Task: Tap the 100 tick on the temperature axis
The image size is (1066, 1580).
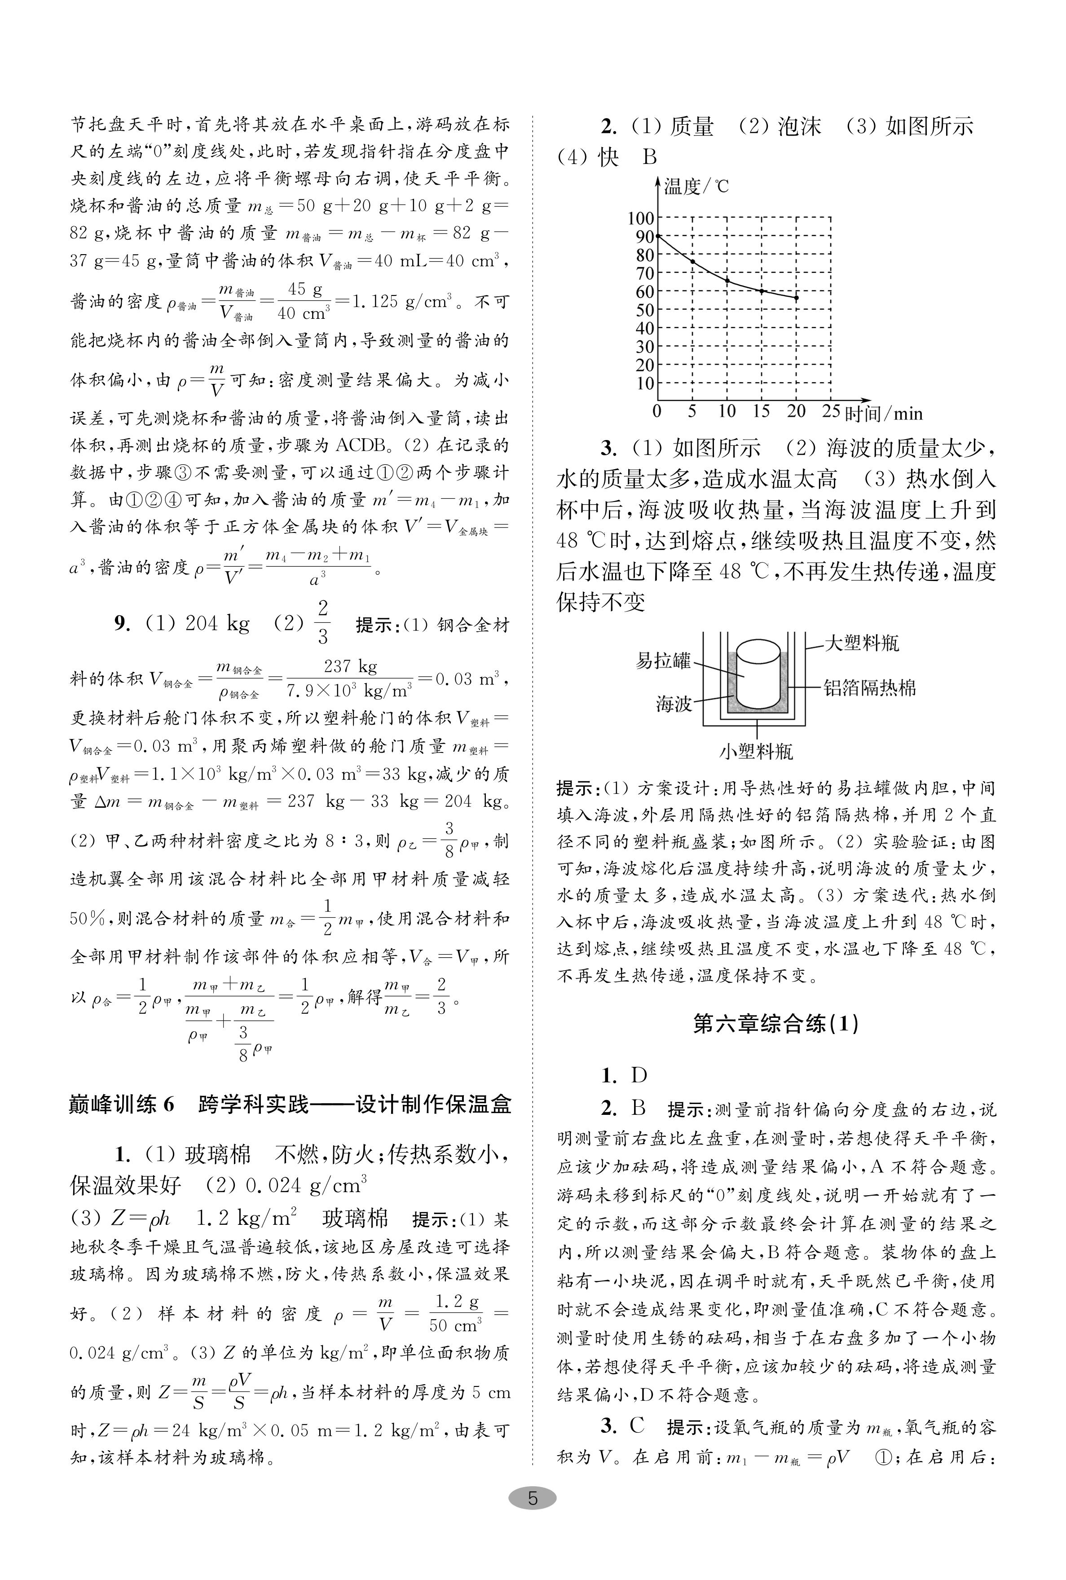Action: (640, 218)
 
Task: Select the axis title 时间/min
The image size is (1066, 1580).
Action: (883, 413)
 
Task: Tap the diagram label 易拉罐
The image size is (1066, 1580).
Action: (663, 660)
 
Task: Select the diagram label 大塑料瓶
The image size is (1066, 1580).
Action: (861, 643)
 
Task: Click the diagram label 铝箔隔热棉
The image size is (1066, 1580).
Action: (869, 688)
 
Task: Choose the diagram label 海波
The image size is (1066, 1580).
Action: (673, 704)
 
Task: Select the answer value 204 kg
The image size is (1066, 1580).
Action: (217, 623)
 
